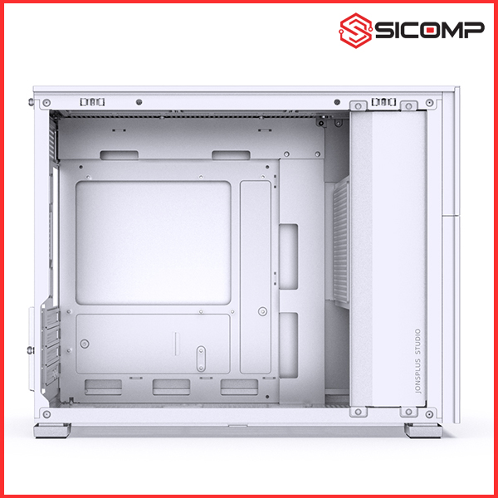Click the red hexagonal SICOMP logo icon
coord(355,31)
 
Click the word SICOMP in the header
coord(430,30)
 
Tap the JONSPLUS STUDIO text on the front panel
coord(418,361)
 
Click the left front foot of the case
coord(52,430)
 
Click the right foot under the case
coord(423,430)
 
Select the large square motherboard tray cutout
coord(153,243)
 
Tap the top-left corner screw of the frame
coord(46,103)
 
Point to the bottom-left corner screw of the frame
coord(46,414)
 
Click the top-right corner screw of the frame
coord(429,103)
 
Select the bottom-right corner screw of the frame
coord(429,414)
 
